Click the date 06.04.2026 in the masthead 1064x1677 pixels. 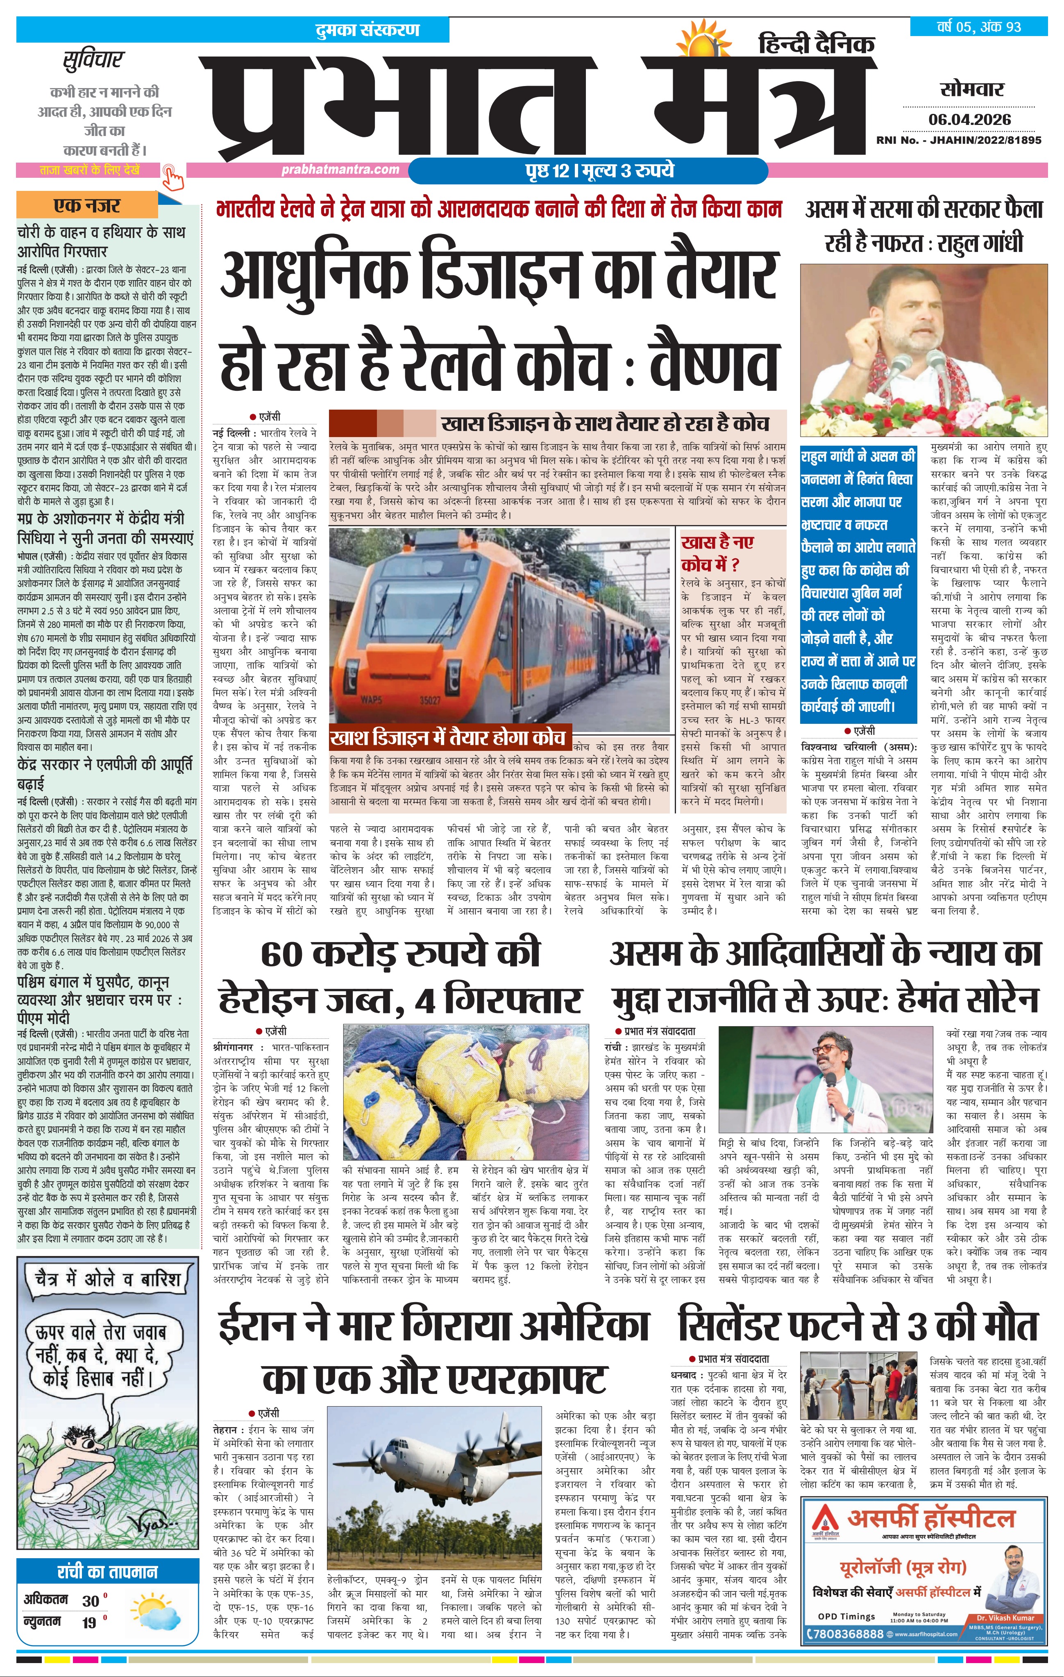click(x=969, y=119)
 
